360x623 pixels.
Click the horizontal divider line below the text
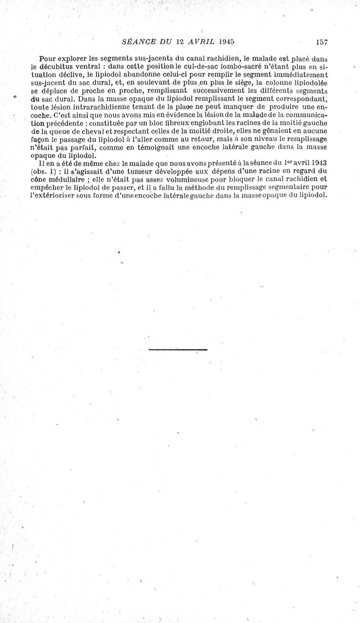[x=178, y=349]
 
